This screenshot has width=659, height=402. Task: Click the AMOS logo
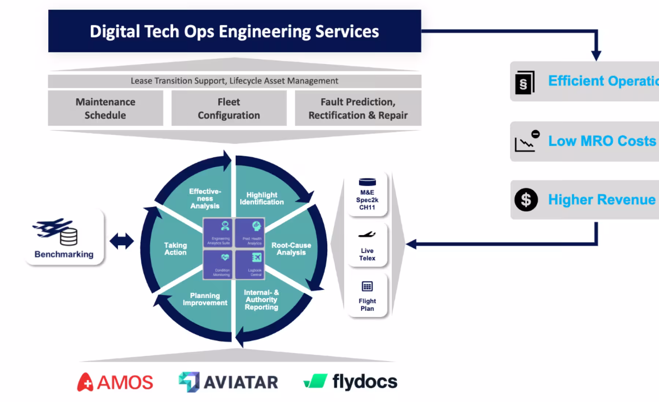click(x=115, y=382)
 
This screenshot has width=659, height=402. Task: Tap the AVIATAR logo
click(x=228, y=382)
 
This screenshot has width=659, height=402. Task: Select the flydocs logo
click(x=350, y=381)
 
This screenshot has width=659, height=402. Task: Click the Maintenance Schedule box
click(x=105, y=108)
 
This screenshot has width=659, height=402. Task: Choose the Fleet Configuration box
click(x=229, y=108)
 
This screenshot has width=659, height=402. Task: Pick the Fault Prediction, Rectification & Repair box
click(x=358, y=108)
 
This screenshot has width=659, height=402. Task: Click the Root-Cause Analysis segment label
click(x=291, y=249)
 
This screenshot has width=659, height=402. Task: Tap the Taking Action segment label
click(x=175, y=249)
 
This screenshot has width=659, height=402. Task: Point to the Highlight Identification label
click(x=262, y=198)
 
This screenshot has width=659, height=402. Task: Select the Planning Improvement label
click(x=205, y=299)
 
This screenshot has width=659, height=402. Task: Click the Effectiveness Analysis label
click(x=205, y=198)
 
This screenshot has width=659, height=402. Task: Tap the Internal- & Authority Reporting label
click(x=261, y=299)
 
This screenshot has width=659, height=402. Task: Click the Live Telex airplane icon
click(x=367, y=234)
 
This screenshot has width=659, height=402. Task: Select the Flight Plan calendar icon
click(x=367, y=286)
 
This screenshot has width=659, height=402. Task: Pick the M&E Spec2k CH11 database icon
click(x=367, y=182)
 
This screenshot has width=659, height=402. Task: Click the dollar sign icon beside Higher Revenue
click(x=526, y=200)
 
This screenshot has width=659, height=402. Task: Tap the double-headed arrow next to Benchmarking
click(x=122, y=241)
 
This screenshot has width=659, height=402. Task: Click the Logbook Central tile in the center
click(x=250, y=264)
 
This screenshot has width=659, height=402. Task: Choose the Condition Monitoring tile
click(x=218, y=264)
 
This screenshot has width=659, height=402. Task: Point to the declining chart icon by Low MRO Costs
click(x=526, y=141)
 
